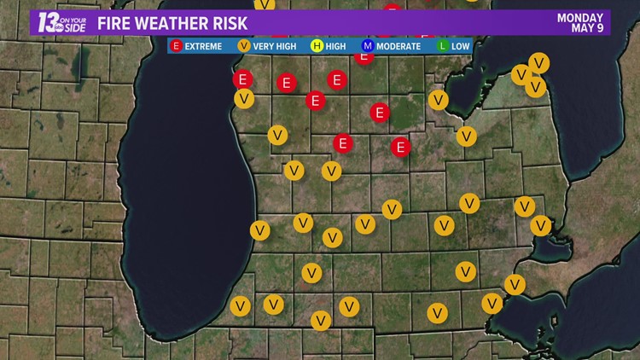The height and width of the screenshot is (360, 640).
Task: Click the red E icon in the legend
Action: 177,46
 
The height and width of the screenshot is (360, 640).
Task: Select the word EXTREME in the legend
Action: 204,46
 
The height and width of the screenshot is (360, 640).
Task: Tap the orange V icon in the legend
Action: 243,46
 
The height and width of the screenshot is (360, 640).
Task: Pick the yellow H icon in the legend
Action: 317,46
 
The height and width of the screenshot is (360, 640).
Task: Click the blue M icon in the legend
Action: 368,46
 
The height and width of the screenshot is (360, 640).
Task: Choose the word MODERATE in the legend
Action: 399,46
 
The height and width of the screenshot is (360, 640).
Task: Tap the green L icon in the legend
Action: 444,46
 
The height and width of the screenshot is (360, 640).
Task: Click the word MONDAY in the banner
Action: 581,17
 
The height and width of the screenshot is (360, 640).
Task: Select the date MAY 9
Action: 589,28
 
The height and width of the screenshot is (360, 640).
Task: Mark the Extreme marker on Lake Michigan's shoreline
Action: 243,79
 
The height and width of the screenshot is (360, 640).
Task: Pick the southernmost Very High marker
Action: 321,321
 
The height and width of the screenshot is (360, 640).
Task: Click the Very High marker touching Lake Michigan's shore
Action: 244,99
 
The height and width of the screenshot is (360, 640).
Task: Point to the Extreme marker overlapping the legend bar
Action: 364,56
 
